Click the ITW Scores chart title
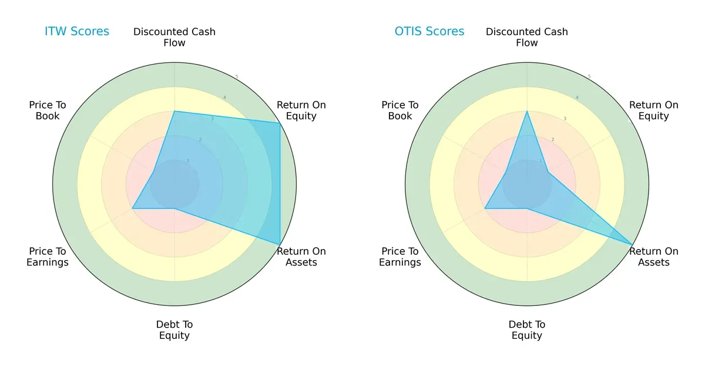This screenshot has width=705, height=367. (77, 31)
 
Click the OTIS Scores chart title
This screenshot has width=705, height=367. (429, 31)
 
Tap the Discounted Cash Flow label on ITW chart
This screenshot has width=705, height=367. (174, 37)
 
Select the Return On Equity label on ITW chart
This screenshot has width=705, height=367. (301, 110)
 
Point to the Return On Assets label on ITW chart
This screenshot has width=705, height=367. (301, 257)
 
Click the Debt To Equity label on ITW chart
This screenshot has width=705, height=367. (174, 330)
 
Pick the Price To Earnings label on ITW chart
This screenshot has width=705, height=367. (48, 257)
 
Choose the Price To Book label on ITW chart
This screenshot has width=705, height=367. (48, 110)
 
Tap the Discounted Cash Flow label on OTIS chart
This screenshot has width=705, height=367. (527, 37)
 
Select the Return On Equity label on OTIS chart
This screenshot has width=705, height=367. (654, 110)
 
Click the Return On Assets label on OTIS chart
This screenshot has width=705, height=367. (654, 257)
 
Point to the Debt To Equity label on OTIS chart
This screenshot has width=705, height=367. (527, 330)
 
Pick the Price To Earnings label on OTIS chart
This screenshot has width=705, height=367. (400, 257)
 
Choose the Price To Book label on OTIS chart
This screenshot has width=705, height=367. (400, 110)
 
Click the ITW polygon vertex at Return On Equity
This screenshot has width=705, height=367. (280, 123)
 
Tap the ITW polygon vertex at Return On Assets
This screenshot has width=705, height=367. (280, 244)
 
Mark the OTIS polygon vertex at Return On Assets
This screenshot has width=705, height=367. (632, 244)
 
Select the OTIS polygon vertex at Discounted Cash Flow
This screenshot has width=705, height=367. (527, 111)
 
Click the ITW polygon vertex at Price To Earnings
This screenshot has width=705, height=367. (133, 208)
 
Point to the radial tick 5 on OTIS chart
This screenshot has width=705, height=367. (589, 77)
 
